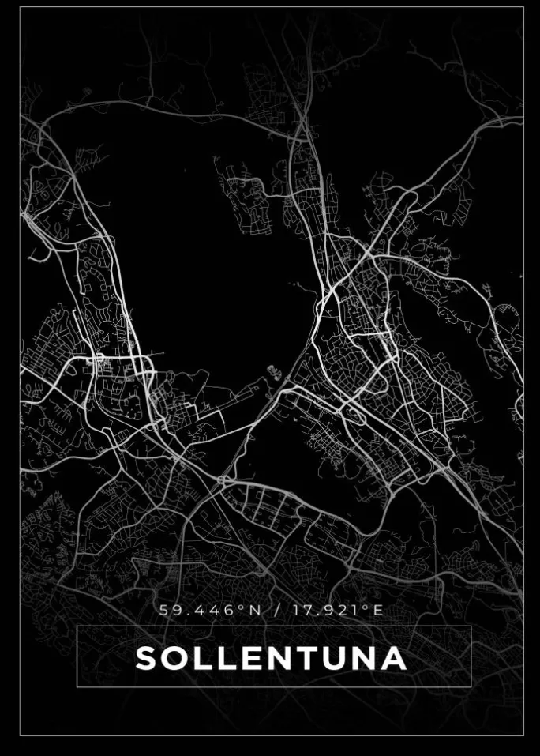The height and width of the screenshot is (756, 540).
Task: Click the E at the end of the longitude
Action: tap(378, 611)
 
